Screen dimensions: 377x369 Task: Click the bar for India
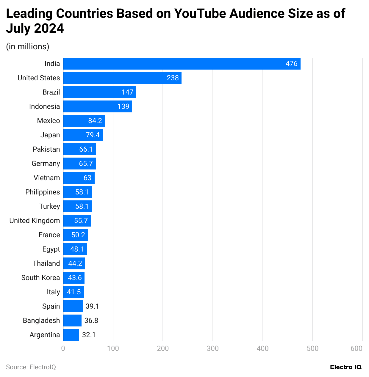coord(182,64)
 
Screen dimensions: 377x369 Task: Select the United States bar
coord(122,78)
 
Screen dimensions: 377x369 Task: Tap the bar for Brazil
coord(99,92)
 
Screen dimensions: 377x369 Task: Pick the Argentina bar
coord(71,335)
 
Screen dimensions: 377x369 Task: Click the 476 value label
coord(291,64)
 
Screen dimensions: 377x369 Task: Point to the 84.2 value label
coord(95,121)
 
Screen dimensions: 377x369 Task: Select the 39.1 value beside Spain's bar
coord(92,306)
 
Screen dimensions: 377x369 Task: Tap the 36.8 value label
coord(91,321)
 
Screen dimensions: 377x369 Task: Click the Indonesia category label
coord(44,106)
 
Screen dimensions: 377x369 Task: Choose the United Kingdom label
coord(35,221)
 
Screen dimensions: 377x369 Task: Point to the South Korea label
coord(40,278)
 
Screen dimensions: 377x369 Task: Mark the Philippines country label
coord(43,192)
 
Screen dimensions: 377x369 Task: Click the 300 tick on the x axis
coord(213,348)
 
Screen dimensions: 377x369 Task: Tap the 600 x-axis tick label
coord(356,348)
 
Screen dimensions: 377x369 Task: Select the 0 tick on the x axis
coord(63,348)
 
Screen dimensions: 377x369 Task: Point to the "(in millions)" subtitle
coord(28,47)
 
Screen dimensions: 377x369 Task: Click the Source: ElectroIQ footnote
coord(31,367)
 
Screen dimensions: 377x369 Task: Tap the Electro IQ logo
coord(346,367)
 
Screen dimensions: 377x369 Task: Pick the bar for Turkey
coord(78,206)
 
